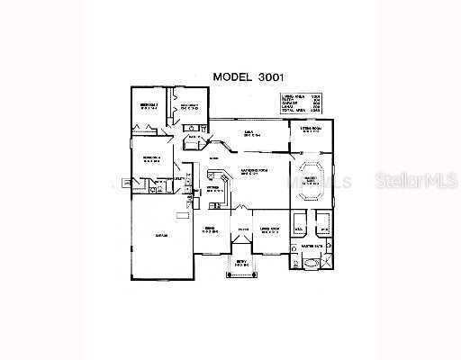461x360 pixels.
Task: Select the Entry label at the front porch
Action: point(240,263)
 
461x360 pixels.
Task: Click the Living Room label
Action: point(269,229)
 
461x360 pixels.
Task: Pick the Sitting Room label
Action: point(312,129)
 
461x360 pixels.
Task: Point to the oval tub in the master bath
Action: point(311,264)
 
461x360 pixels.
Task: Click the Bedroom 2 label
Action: point(149,106)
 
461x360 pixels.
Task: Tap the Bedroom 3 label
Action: point(188,106)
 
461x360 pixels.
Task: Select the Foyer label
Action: point(242,230)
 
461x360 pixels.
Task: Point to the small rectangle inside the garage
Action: point(183,214)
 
